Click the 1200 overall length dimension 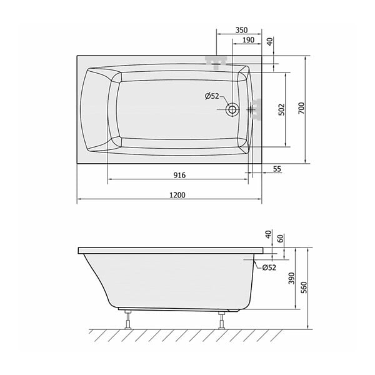(x=177, y=195)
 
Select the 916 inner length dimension (x=179, y=175)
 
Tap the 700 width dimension (x=302, y=108)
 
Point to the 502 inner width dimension (x=282, y=109)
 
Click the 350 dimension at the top (x=241, y=30)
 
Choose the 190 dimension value (x=249, y=40)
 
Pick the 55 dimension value (x=277, y=169)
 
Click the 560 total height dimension (x=304, y=287)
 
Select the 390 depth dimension (x=291, y=278)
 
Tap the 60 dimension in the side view (x=281, y=239)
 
